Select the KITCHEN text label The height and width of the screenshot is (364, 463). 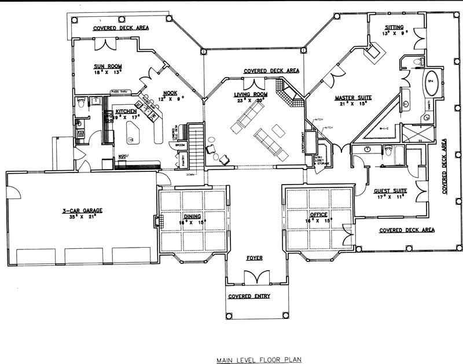pos(126,111)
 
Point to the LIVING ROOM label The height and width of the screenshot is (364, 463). pos(250,94)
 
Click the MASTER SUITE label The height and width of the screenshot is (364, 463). pos(353,98)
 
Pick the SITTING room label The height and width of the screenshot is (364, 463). pos(395,27)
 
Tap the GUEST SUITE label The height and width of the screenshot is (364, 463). pos(390,190)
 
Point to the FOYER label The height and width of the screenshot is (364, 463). pos(255,258)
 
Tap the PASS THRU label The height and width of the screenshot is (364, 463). pos(120,91)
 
